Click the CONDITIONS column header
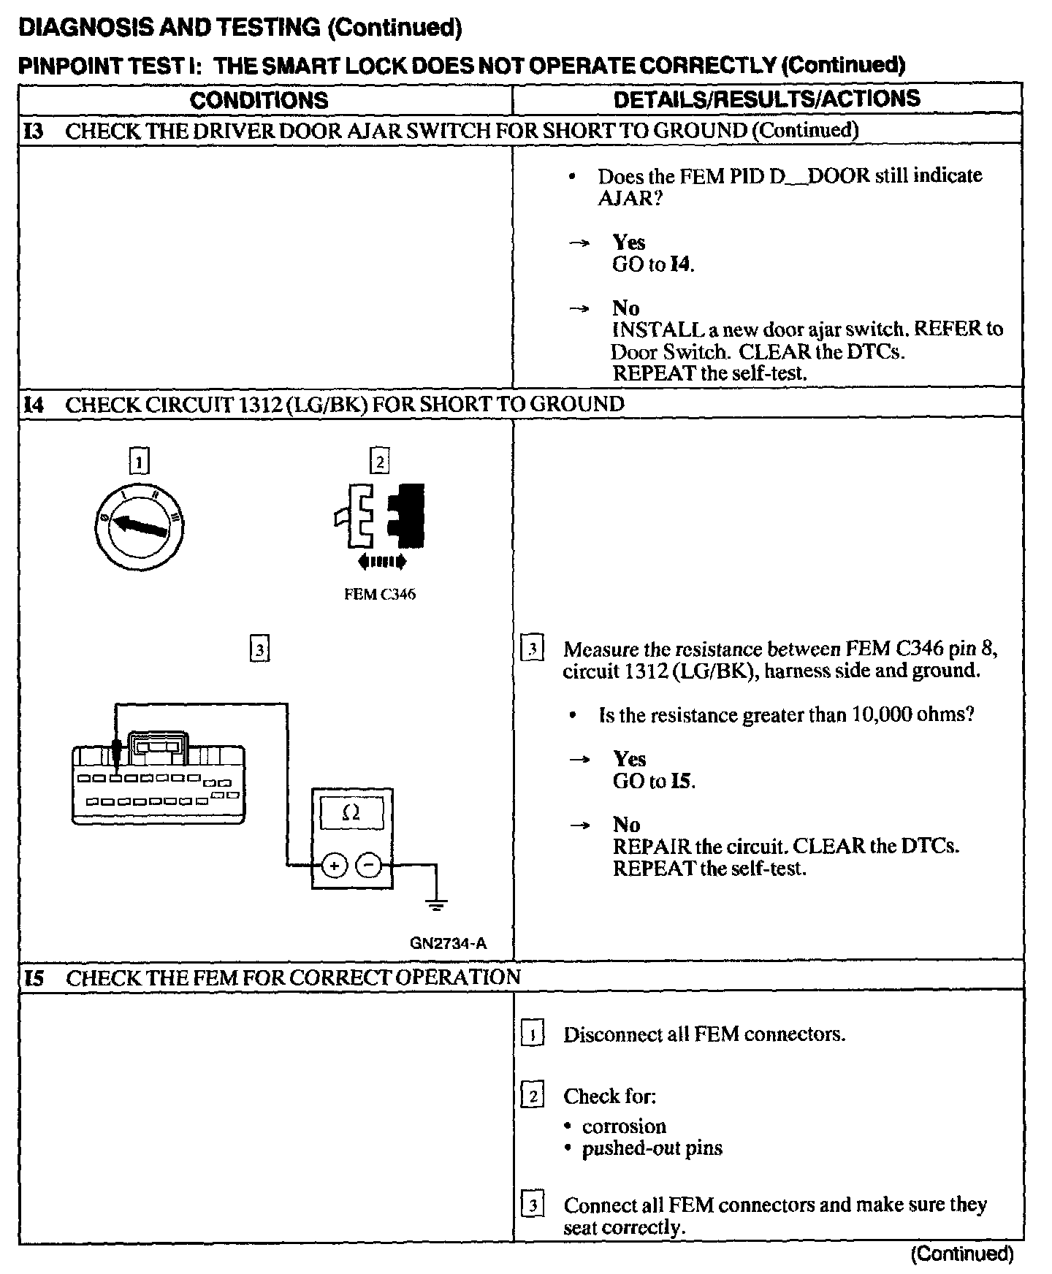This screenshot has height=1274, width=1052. click(x=259, y=100)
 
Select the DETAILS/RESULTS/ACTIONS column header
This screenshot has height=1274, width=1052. click(x=766, y=99)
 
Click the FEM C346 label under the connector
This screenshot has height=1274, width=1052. click(x=379, y=595)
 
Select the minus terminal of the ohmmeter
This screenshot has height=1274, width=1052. click(x=369, y=866)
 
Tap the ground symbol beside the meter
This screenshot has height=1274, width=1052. click(x=436, y=906)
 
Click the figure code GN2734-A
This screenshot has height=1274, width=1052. click(x=448, y=943)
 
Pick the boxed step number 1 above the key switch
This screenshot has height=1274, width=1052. click(x=139, y=461)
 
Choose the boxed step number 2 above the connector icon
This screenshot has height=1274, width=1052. click(x=379, y=461)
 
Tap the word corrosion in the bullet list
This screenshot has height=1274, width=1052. click(x=624, y=1126)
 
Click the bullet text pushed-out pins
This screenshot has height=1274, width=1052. click(x=652, y=1148)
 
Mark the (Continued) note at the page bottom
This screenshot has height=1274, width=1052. click(x=961, y=1254)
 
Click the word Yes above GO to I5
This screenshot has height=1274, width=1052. click(x=629, y=759)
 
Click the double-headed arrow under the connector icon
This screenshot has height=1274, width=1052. click(x=381, y=561)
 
